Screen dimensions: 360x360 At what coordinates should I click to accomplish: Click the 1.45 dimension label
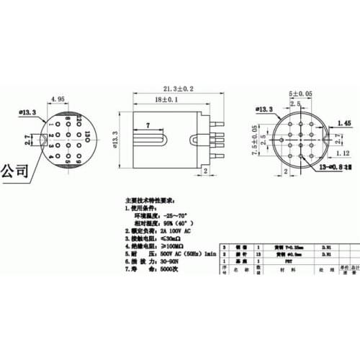coord(343,124)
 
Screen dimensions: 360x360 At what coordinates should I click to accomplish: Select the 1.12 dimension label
coord(343,153)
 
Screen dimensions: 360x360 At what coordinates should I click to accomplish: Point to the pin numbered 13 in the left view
coord(87,134)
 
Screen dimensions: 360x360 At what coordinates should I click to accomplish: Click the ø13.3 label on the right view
coord(261,109)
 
